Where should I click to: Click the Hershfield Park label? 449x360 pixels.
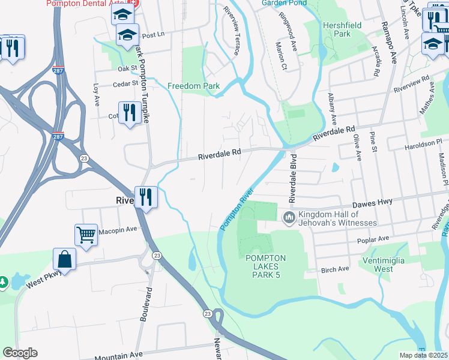click(x=336, y=30)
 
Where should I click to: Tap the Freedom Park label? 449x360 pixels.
click(x=193, y=86)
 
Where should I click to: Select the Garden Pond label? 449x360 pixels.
click(x=283, y=3)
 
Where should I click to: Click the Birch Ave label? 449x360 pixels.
click(x=335, y=269)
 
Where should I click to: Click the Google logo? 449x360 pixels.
click(x=20, y=353)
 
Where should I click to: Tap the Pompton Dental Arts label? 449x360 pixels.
click(x=83, y=3)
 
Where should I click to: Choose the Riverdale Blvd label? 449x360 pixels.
click(x=293, y=178)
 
